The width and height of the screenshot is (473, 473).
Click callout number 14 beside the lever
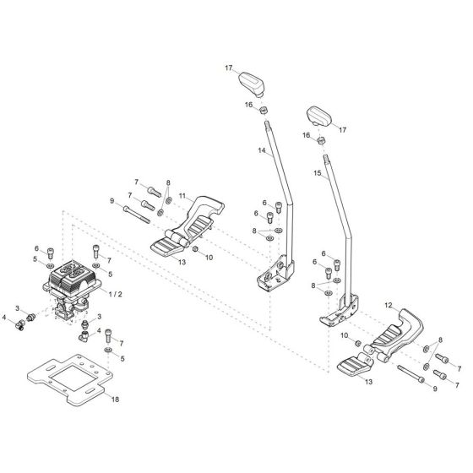[262, 151]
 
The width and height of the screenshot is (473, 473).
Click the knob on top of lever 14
[252, 84]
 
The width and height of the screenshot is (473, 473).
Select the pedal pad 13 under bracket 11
[169, 245]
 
